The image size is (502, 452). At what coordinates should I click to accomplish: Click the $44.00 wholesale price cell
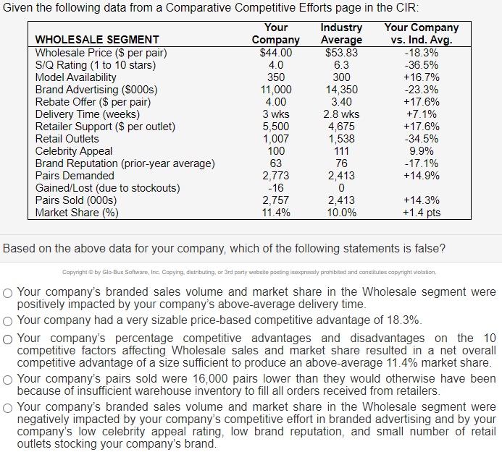pyautogui.click(x=275, y=53)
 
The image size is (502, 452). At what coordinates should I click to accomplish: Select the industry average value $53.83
pyautogui.click(x=341, y=53)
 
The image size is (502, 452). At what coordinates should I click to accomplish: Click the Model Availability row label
pyautogui.click(x=76, y=77)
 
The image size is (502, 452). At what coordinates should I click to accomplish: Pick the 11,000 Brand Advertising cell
pyautogui.click(x=275, y=90)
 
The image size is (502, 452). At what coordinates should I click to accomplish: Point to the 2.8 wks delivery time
pyautogui.click(x=341, y=114)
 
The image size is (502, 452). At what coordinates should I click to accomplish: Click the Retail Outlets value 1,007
pyautogui.click(x=275, y=139)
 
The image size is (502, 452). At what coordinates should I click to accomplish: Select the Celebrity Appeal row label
pyautogui.click(x=74, y=151)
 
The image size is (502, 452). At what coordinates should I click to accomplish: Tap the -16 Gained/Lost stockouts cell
pyautogui.click(x=275, y=188)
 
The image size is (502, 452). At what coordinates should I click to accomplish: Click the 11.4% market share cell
pyautogui.click(x=275, y=213)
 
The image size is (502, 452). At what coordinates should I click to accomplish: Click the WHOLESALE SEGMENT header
pyautogui.click(x=97, y=40)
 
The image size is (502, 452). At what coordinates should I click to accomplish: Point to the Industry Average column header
pyautogui.click(x=341, y=33)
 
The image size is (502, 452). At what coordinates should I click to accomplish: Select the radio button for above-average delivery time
pyautogui.click(x=7, y=293)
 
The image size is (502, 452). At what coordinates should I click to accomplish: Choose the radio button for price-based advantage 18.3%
pyautogui.click(x=7, y=320)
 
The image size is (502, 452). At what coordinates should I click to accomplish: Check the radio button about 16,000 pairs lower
pyautogui.click(x=7, y=379)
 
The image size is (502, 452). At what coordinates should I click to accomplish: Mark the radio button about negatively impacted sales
pyautogui.click(x=7, y=407)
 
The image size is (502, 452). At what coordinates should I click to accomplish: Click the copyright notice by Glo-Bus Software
pyautogui.click(x=249, y=273)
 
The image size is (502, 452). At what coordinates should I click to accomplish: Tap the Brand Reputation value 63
pyautogui.click(x=275, y=163)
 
